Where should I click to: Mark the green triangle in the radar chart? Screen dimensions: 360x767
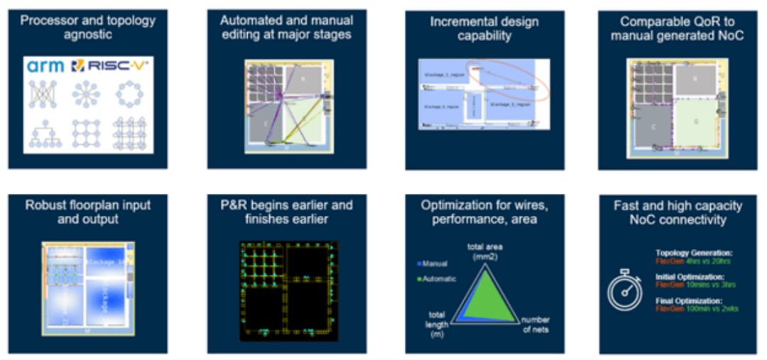point(489,298)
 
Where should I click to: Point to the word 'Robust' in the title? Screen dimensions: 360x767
point(48,205)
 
